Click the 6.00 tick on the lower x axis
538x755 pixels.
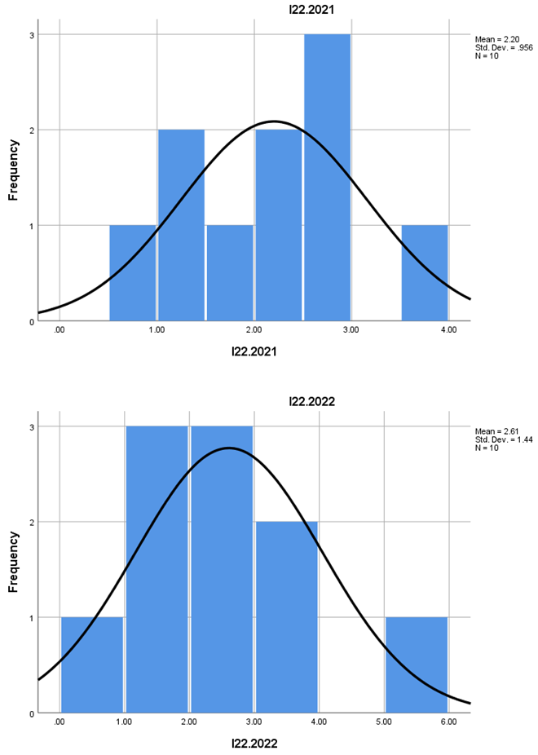coord(448,722)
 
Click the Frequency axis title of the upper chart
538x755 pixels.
coord(14,170)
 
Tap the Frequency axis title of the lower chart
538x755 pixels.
coord(14,562)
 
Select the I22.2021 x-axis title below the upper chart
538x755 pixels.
coord(254,351)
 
